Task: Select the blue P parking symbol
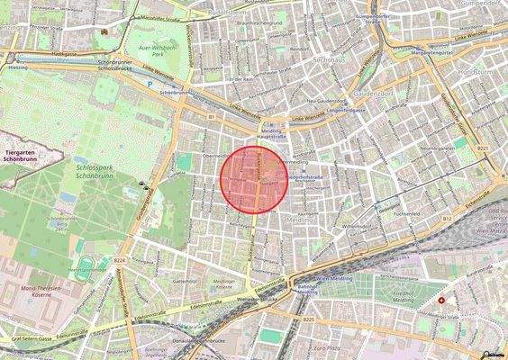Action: pos(150,86)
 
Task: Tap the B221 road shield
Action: pos(484,147)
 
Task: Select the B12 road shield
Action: pos(447,218)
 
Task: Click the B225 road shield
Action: pos(309,319)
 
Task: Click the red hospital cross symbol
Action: pos(441,300)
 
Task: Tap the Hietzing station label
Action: pos(19,67)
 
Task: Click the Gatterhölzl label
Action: pos(184,281)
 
